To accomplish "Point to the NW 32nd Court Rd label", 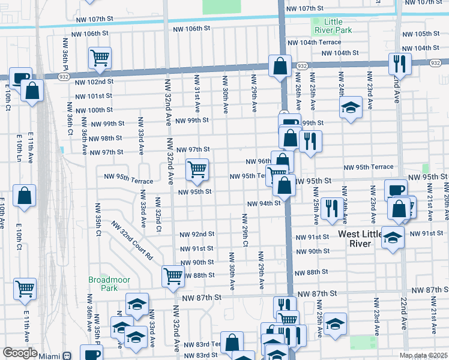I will pyautogui.click(x=131, y=241).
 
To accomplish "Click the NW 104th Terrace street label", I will pyautogui.click(x=314, y=43).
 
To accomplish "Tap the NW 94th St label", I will pyautogui.click(x=264, y=203).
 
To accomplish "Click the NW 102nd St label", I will pyautogui.click(x=95, y=82).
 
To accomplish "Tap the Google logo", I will pyautogui.click(x=20, y=353).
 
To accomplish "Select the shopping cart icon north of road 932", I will pyautogui.click(x=100, y=58).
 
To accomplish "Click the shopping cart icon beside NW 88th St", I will pyautogui.click(x=173, y=276).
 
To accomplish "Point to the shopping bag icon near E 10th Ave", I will pyautogui.click(x=23, y=196).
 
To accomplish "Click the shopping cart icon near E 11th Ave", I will pyautogui.click(x=25, y=289).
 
